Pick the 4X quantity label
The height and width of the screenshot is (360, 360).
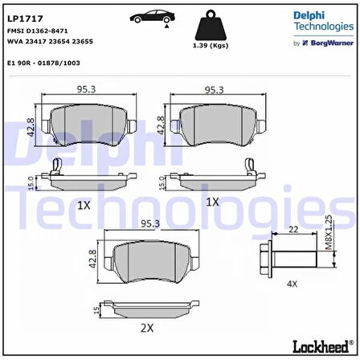point(292,284)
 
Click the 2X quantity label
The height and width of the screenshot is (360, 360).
point(147,329)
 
